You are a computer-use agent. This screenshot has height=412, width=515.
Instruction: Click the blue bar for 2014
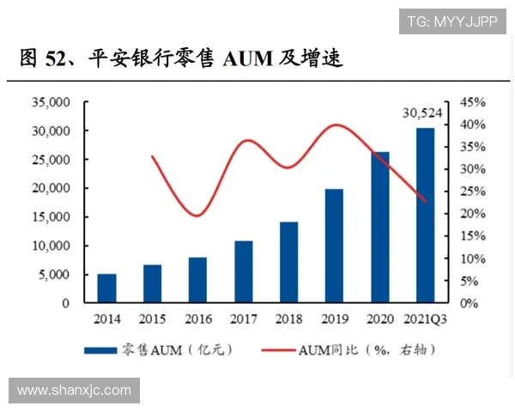106,288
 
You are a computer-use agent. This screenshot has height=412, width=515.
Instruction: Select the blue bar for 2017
244,271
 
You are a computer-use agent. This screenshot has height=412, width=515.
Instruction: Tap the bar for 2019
334,245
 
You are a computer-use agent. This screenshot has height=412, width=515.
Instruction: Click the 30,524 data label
424,112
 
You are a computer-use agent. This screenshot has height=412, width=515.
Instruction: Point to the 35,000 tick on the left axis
49,102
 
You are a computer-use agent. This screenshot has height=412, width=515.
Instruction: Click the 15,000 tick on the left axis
49,217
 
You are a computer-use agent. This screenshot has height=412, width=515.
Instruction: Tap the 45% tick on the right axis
474,102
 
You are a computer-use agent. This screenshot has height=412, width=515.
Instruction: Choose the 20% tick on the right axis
474,214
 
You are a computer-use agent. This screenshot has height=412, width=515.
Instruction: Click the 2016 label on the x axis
197,319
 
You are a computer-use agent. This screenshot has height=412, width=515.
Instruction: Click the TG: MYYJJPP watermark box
452,21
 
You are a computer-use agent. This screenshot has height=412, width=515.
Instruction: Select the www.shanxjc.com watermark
75,391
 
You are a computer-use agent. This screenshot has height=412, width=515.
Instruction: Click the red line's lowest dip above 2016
197,215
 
